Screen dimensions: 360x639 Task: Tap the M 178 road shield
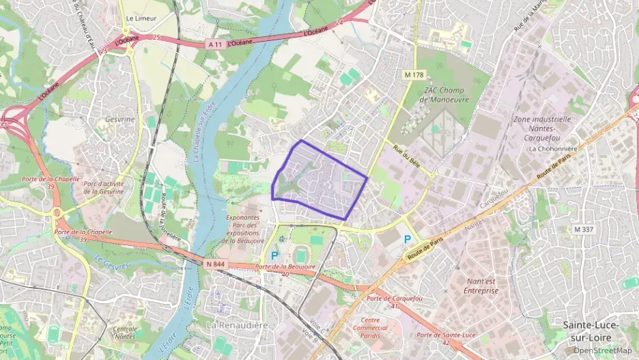click(412, 74)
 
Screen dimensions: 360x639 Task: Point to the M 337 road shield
click(583, 230)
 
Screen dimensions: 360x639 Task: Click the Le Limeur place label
click(141, 18)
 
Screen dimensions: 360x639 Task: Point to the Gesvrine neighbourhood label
click(120, 119)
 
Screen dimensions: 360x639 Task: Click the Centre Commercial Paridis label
click(369, 328)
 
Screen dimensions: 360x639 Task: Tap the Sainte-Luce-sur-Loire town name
click(591, 331)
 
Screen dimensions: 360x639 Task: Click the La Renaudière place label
click(237, 324)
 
